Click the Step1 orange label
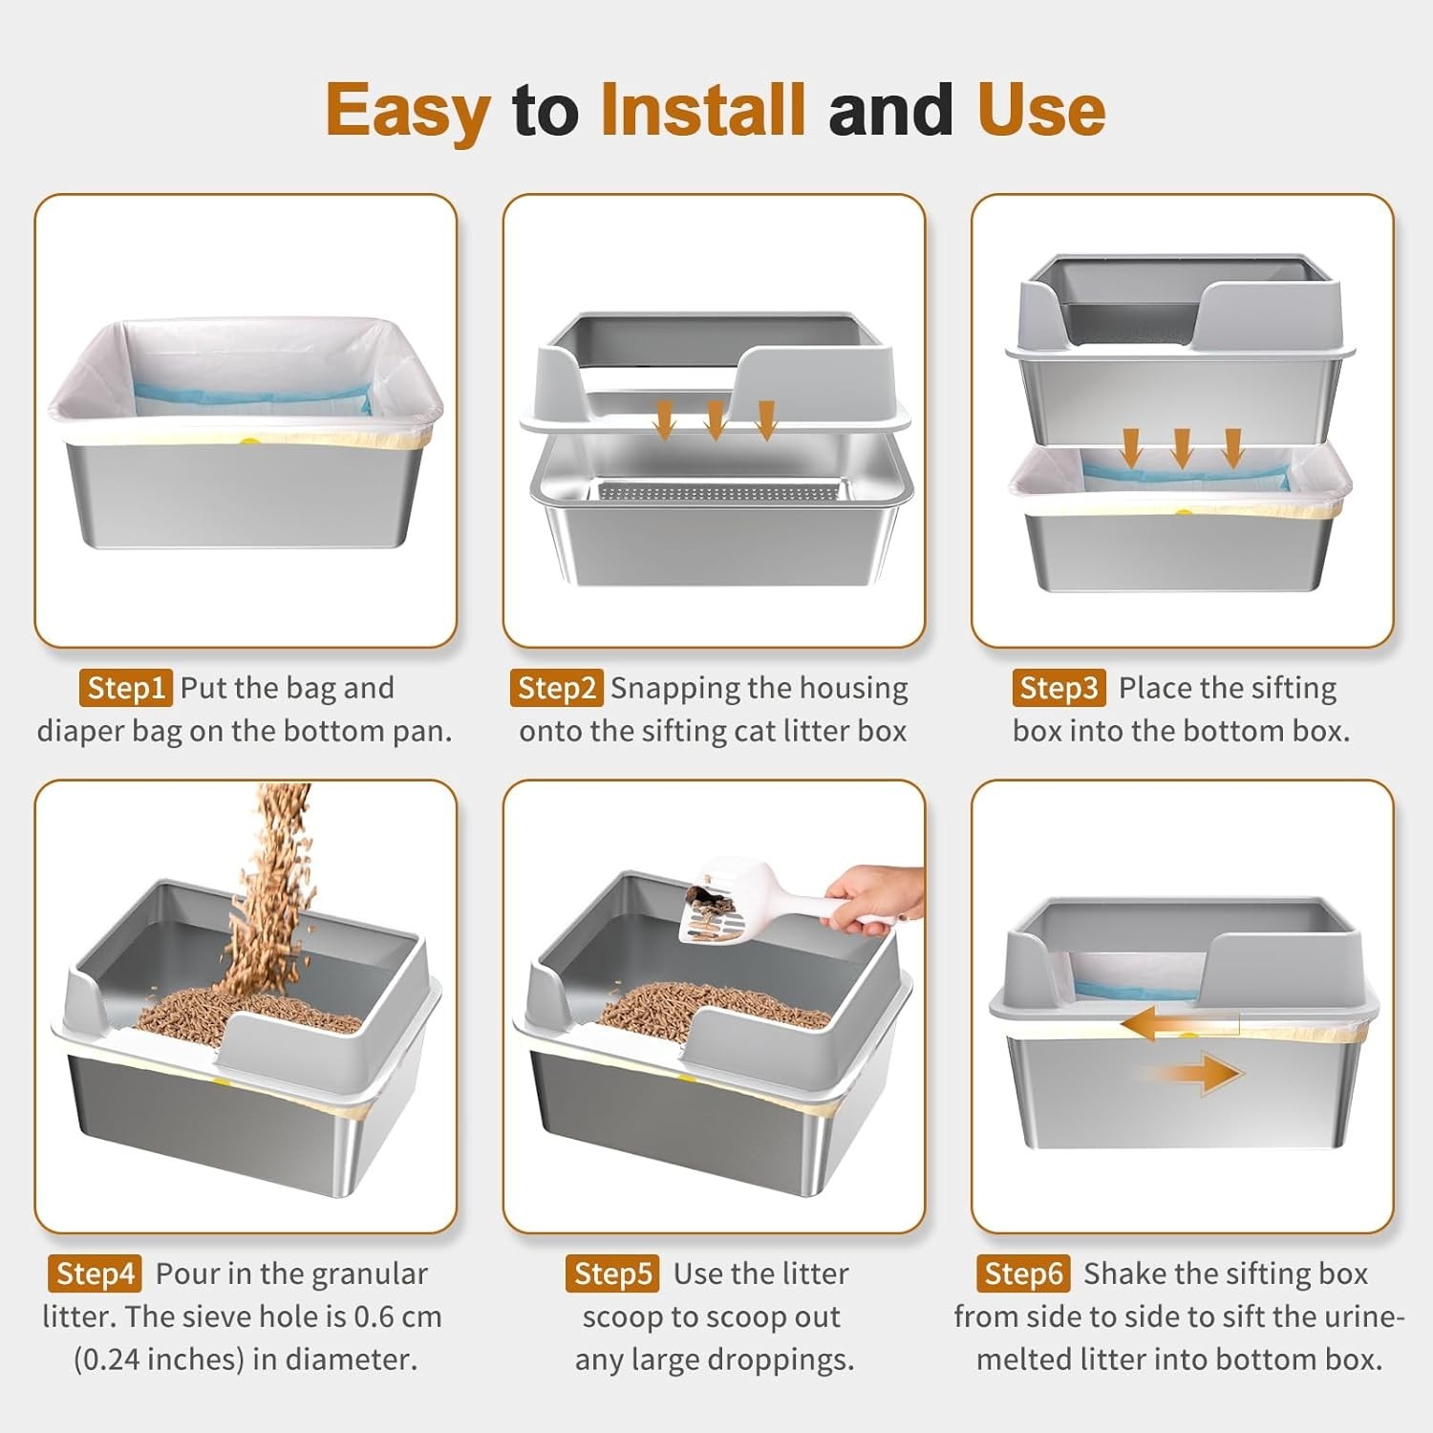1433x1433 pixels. tap(125, 688)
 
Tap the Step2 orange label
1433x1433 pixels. tap(556, 688)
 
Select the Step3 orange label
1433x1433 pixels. tap(1059, 688)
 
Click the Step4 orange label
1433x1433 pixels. tap(95, 1273)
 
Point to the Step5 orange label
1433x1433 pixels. tap(612, 1273)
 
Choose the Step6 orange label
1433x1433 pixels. tap(1023, 1273)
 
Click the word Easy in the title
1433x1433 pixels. tap(408, 110)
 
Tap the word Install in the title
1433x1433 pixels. tap(703, 110)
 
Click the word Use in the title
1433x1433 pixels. tap(1041, 110)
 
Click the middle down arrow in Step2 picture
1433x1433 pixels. tap(715, 419)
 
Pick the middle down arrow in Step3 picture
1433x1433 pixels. tap(1182, 447)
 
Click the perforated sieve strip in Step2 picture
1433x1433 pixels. tap(721, 493)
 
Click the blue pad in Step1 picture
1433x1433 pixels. tap(250, 397)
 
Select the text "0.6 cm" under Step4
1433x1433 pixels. tap(397, 1316)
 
